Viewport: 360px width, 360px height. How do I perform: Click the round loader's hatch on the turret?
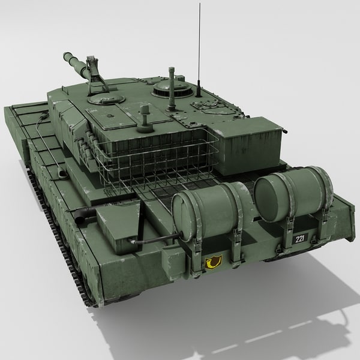pos(105,101)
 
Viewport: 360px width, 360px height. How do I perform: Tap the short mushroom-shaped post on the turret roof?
pos(144,117)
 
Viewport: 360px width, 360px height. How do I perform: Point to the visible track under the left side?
pos(60,240)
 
